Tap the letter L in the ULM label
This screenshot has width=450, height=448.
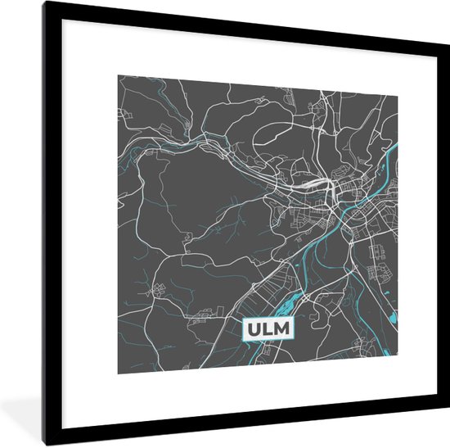[x=269, y=329]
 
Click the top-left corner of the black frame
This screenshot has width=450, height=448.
[x=46, y=3]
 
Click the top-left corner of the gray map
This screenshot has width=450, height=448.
[x=118, y=76]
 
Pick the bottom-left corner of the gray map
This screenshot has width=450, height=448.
[x=118, y=372]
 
